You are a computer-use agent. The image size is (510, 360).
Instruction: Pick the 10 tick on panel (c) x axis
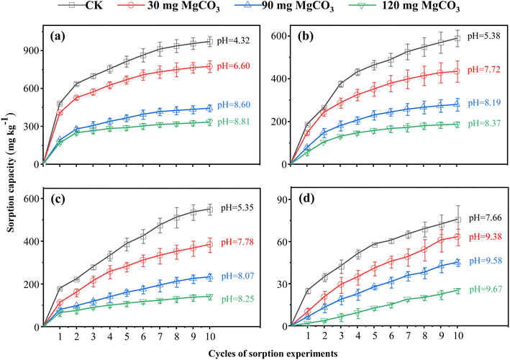click(209, 336)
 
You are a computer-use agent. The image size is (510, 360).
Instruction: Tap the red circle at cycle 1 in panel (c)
click(60, 303)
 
